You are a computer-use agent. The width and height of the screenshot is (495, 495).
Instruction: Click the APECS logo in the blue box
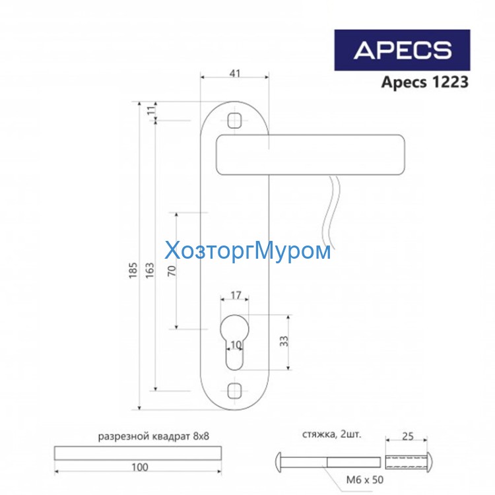[x=402, y=50]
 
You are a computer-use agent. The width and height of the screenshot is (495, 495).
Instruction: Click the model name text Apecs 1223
[x=425, y=82]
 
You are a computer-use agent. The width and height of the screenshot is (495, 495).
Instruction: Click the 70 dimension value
[x=172, y=271]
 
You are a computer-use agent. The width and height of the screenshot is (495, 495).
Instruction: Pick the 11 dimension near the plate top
[x=150, y=111]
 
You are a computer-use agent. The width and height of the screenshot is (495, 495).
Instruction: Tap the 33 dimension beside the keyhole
[x=284, y=341]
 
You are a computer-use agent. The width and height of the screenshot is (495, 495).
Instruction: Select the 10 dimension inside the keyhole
[x=235, y=345]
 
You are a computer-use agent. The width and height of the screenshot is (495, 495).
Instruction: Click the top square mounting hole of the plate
[x=234, y=121]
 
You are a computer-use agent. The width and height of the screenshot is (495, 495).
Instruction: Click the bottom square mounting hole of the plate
[x=234, y=390]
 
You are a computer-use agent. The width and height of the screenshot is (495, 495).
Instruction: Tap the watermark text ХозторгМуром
[x=247, y=251]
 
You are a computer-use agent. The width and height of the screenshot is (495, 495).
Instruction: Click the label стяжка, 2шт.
[x=332, y=435]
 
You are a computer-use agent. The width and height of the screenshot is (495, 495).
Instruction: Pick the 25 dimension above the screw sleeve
[x=407, y=436]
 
